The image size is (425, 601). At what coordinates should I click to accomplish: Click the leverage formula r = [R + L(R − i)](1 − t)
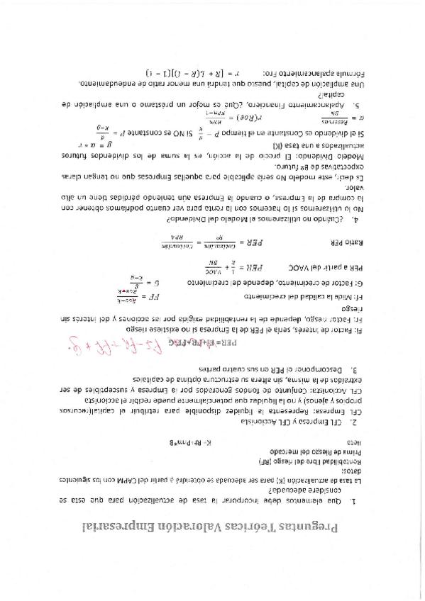pos(189,73)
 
